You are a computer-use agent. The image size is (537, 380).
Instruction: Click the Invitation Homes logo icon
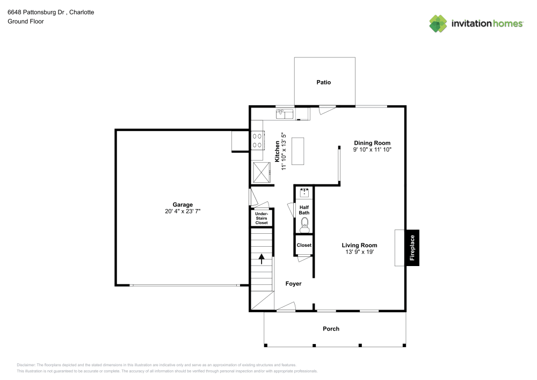pyautogui.click(x=438, y=23)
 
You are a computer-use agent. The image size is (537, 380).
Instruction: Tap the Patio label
pyautogui.click(x=323, y=82)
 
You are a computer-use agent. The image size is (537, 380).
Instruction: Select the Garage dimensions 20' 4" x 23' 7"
pyautogui.click(x=183, y=211)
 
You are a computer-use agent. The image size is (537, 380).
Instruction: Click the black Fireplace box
pyautogui.click(x=412, y=248)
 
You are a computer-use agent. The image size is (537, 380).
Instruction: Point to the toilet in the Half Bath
pyautogui.click(x=304, y=224)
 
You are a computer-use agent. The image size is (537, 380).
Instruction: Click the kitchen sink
pyautogui.click(x=284, y=113)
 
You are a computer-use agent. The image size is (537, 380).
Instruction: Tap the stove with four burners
pyautogui.click(x=257, y=141)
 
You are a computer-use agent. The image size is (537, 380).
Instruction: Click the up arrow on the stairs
pyautogui.click(x=262, y=259)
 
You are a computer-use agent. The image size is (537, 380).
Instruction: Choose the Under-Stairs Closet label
pyautogui.click(x=262, y=218)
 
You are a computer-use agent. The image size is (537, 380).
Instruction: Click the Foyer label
pyautogui.click(x=293, y=284)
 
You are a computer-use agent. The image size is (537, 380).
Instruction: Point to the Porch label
pyautogui.click(x=331, y=329)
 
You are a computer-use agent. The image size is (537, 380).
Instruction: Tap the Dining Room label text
pyautogui.click(x=372, y=142)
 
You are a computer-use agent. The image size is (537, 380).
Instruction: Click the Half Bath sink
pyautogui.click(x=304, y=192)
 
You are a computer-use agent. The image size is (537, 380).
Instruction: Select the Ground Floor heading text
pyautogui.click(x=26, y=21)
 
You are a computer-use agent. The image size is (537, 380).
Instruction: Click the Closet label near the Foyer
pyautogui.click(x=304, y=245)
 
